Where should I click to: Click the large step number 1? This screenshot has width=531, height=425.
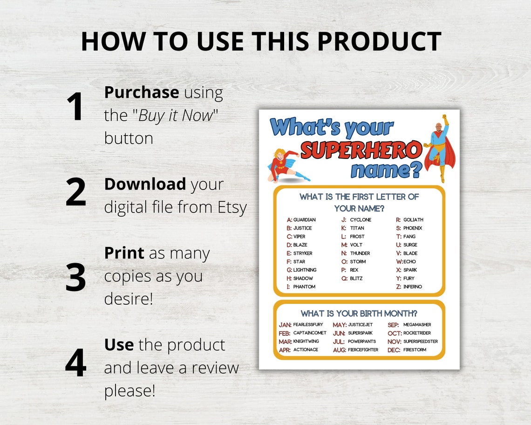(x=75, y=107)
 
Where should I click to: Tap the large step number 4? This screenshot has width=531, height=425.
(x=75, y=362)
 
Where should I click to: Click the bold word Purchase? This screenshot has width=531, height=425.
(x=141, y=92)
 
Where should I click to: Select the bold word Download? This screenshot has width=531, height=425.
(x=145, y=184)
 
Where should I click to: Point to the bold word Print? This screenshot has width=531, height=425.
(x=124, y=253)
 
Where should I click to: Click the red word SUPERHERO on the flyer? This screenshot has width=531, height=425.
(x=361, y=151)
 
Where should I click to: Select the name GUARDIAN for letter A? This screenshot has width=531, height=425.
(x=304, y=220)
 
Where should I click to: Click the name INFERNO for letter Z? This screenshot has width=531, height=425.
(x=412, y=287)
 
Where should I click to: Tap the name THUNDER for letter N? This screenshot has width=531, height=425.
(x=360, y=254)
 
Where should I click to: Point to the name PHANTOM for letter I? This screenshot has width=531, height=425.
(x=304, y=287)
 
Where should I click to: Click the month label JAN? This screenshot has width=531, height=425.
(x=285, y=325)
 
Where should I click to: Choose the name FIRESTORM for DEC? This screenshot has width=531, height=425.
(x=415, y=350)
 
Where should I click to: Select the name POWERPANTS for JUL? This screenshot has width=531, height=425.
(x=361, y=342)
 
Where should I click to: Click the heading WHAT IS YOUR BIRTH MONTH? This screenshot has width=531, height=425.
(x=359, y=313)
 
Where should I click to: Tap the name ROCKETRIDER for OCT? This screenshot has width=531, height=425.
(x=417, y=333)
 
